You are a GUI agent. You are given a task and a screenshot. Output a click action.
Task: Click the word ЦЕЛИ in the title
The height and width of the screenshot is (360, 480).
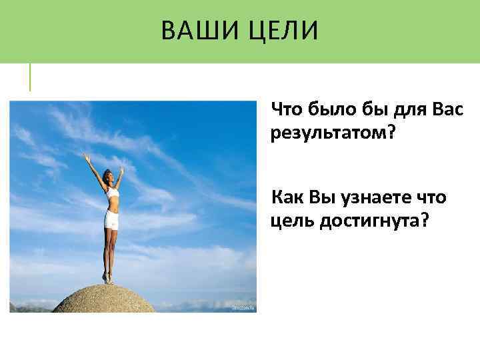[x=280, y=31]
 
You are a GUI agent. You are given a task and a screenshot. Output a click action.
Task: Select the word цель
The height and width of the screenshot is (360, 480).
[x=291, y=221]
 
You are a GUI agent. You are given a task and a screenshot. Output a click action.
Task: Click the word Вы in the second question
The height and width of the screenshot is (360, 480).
[x=323, y=197]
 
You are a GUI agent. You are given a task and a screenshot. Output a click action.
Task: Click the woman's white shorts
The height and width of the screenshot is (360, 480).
[x=110, y=219]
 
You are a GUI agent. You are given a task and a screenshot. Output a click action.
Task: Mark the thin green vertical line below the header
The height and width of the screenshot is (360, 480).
[x=30, y=77]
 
